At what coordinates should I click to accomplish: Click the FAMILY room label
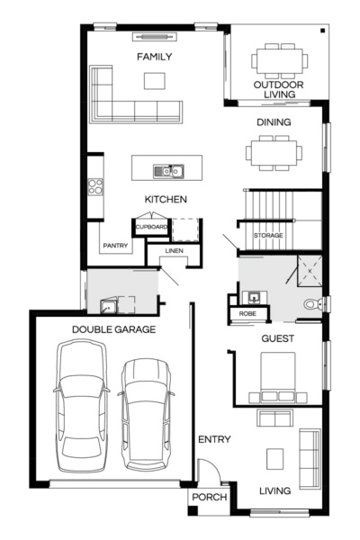point(154,57)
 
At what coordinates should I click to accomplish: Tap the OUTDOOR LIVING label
point(278,90)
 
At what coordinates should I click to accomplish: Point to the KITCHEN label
point(166,198)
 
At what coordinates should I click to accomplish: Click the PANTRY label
point(115,245)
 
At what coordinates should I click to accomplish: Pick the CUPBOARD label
point(151,227)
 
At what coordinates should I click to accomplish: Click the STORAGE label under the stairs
point(268,235)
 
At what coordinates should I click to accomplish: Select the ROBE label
point(246,313)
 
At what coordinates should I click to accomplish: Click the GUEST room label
point(277,338)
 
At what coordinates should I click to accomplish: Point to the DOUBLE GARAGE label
point(114,329)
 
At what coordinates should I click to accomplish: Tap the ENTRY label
point(214,439)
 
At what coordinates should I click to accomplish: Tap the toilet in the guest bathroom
point(311,305)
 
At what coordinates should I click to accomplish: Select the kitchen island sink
point(167,169)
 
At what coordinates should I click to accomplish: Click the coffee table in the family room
point(155,81)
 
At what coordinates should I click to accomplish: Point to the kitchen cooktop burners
point(94,187)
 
